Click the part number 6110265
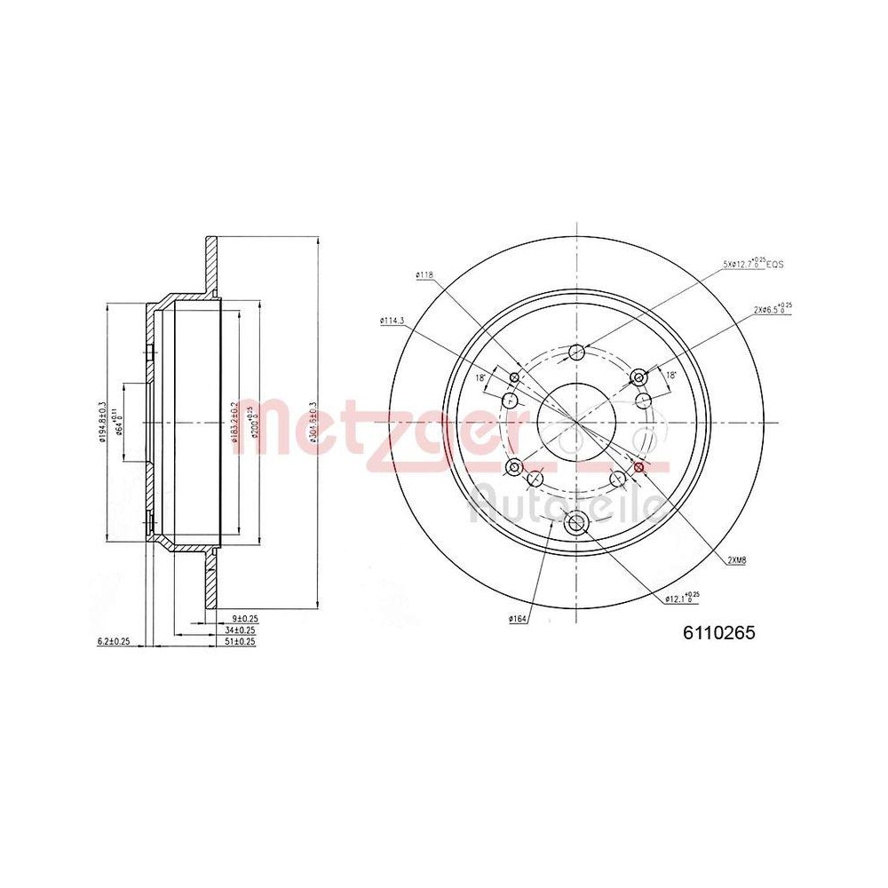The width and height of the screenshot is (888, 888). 718,633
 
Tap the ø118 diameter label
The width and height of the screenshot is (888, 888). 424,275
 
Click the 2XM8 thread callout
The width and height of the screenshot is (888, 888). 737,559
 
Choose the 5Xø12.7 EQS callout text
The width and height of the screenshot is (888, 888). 753,264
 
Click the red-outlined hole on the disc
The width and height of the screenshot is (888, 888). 639,466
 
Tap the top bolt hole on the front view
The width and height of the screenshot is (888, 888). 576,350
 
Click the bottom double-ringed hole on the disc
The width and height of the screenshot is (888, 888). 575,524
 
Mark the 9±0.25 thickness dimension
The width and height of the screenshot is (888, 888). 243,617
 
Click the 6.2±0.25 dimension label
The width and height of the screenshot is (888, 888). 114,640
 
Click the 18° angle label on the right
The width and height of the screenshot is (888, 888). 670,376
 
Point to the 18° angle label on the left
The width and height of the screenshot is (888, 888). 480,377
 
